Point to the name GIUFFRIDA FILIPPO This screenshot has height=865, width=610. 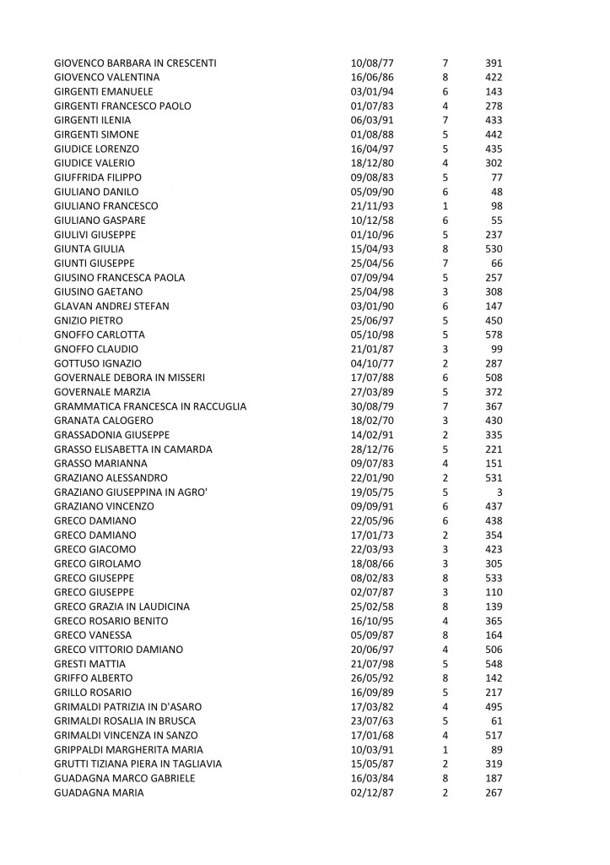[97, 178]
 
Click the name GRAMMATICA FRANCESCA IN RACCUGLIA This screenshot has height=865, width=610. [150, 408]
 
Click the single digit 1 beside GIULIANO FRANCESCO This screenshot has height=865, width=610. [445, 207]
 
